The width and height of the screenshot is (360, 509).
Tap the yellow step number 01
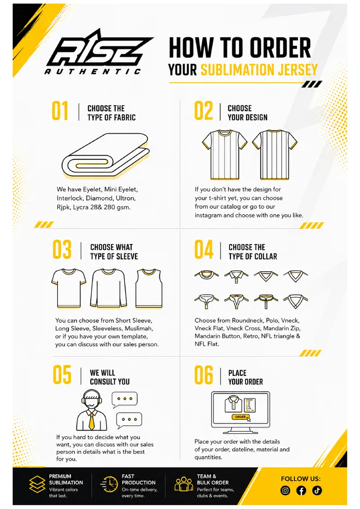click(x=60, y=111)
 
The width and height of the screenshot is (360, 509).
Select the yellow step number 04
click(x=204, y=249)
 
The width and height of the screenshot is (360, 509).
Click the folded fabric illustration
click(x=106, y=156)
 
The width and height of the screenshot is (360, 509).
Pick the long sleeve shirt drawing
click(x=108, y=288)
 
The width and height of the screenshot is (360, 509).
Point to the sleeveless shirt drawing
click(x=149, y=288)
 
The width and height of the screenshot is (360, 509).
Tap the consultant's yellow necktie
click(x=92, y=421)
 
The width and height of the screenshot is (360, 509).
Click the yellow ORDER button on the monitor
click(x=240, y=417)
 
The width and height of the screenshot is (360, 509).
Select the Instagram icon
click(x=285, y=491)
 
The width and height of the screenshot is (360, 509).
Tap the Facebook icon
click(x=301, y=491)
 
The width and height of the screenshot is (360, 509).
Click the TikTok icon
click(x=317, y=491)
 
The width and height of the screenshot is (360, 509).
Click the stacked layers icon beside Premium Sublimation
click(x=37, y=485)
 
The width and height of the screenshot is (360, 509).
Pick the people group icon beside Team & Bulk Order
click(x=184, y=484)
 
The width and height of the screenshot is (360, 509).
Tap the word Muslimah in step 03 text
click(x=139, y=328)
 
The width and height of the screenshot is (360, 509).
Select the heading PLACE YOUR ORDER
click(x=245, y=377)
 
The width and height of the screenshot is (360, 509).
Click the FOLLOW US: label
click(x=301, y=478)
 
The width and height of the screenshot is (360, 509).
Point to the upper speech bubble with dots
click(x=124, y=399)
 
